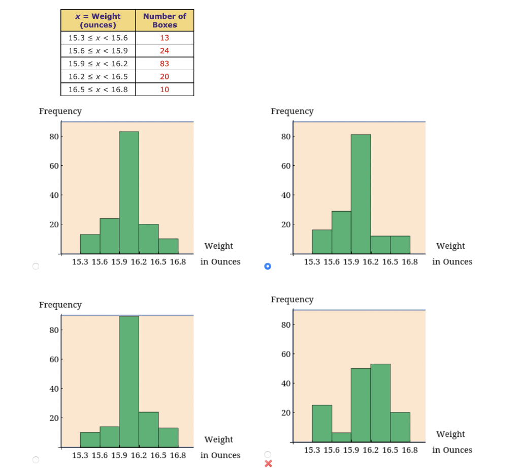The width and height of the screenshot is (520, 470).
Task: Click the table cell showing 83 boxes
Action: click(164, 64)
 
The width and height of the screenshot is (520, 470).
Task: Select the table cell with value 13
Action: click(164, 38)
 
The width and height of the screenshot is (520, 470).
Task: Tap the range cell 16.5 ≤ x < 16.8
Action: click(98, 90)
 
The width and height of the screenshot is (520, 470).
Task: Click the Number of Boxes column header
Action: click(164, 20)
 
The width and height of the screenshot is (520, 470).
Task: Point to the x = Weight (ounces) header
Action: click(98, 20)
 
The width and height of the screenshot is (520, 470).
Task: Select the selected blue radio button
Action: click(268, 266)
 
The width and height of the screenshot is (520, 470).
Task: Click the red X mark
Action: click(268, 463)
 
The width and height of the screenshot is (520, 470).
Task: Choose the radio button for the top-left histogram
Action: click(36, 266)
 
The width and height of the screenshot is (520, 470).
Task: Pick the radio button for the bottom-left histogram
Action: click(36, 460)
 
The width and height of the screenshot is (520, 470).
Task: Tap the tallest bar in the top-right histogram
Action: click(361, 193)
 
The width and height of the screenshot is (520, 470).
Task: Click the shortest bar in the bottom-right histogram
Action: click(341, 437)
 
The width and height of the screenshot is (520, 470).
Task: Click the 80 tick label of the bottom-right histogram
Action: click(286, 325)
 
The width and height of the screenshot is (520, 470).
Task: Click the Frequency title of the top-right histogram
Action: click(292, 111)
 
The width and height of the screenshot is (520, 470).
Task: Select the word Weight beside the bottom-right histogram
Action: click(450, 434)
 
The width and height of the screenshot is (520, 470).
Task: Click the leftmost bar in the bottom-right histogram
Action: click(322, 423)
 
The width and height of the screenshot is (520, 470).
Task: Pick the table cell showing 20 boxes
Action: click(164, 76)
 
